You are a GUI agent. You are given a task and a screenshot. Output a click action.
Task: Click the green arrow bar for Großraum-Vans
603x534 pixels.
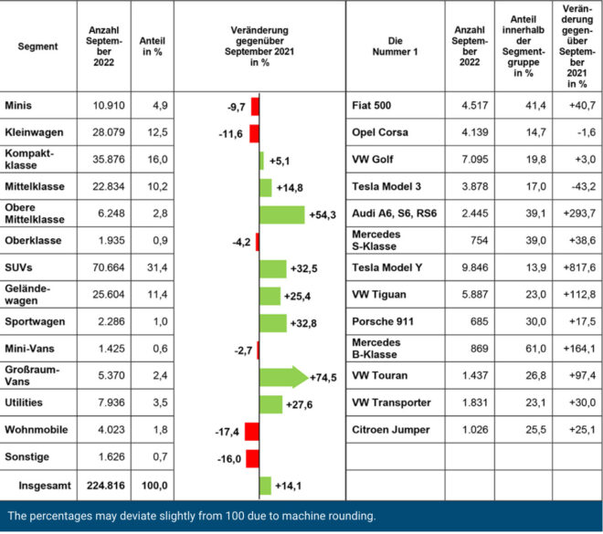[x=283, y=376]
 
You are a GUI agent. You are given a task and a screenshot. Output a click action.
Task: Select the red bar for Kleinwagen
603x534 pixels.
[x=254, y=134]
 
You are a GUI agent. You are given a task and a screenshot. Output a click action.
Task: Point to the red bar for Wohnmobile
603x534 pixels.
[x=252, y=430]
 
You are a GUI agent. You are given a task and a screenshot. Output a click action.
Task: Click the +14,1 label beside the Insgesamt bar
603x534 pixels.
[x=290, y=485]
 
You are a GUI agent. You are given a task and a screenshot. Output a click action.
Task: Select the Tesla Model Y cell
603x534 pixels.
[x=389, y=267]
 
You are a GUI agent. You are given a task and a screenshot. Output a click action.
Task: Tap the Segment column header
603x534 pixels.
[x=37, y=47]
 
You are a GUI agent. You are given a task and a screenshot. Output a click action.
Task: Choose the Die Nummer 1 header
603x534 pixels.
[x=396, y=47]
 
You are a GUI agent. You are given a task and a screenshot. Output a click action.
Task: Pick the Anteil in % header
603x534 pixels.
[x=152, y=47]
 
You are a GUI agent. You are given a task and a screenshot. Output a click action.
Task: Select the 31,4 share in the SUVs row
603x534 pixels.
[x=152, y=267]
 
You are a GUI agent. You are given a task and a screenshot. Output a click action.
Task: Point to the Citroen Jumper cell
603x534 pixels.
[x=391, y=429]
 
